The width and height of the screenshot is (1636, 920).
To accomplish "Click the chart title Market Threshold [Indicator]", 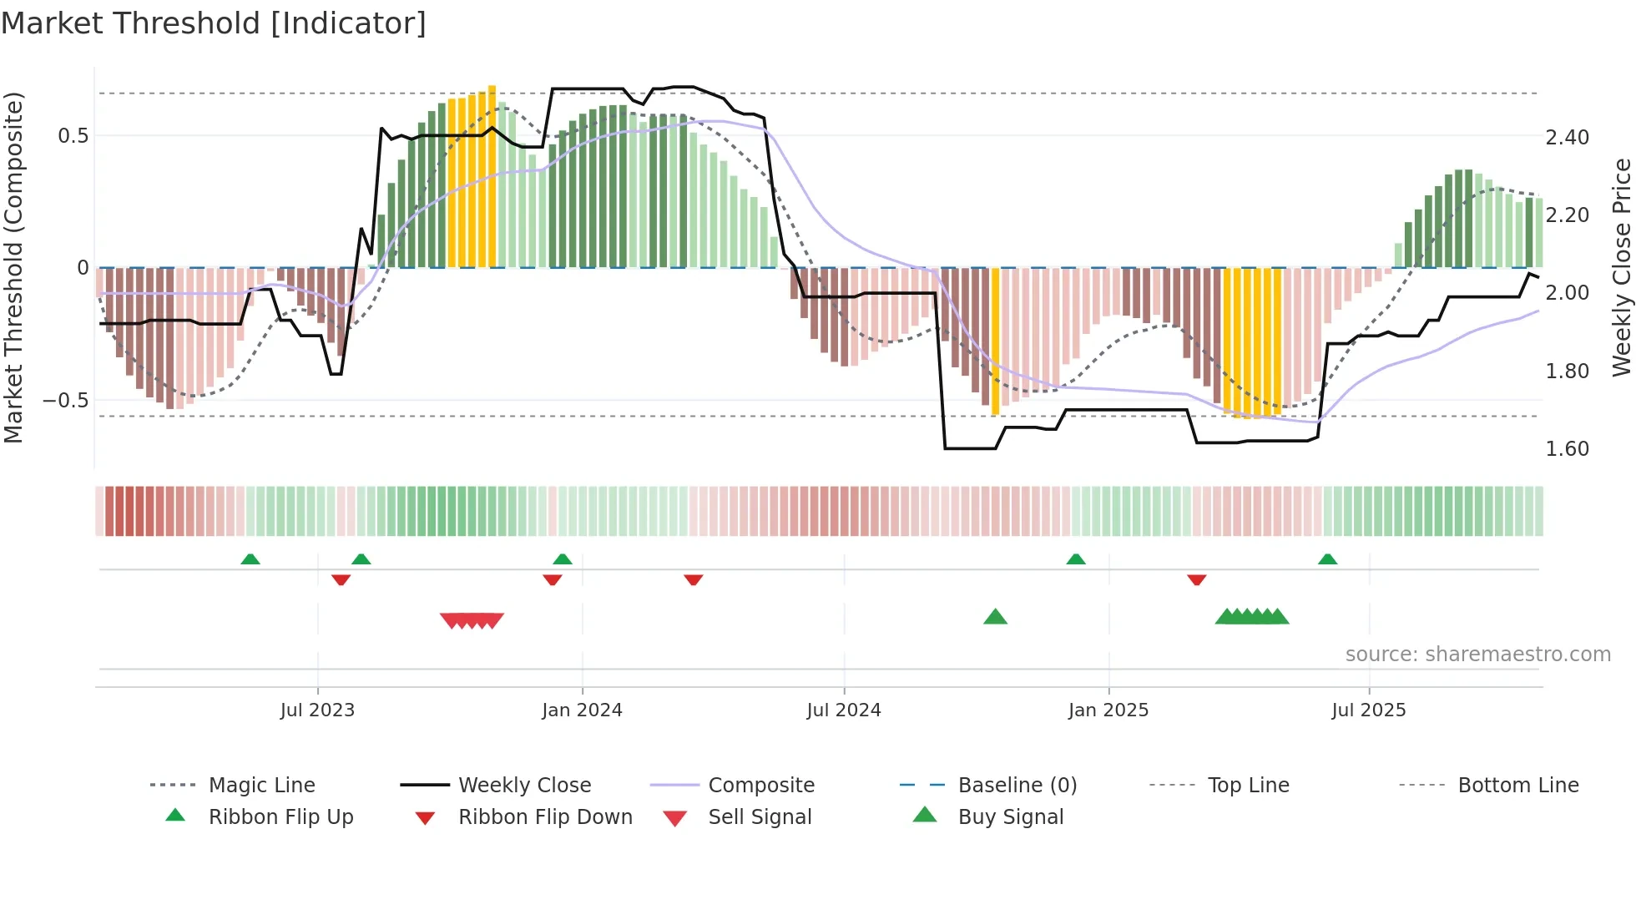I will [x=214, y=23].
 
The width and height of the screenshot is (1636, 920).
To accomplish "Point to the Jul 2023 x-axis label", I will [x=317, y=710].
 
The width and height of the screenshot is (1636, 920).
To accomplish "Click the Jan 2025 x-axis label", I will [x=1108, y=710].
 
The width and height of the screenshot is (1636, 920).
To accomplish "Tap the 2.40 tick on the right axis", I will [x=1567, y=137].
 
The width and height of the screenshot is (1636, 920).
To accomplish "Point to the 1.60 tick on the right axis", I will [x=1567, y=449].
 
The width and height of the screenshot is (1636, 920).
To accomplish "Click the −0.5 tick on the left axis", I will [x=66, y=401].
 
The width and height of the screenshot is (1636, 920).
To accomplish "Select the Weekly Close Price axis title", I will [x=1621, y=267].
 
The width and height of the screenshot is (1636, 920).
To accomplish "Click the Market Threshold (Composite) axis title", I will [x=13, y=267].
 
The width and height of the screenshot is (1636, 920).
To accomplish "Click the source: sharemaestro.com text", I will [x=1477, y=655].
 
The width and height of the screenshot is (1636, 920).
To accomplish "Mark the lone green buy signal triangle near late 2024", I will [x=995, y=617].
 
